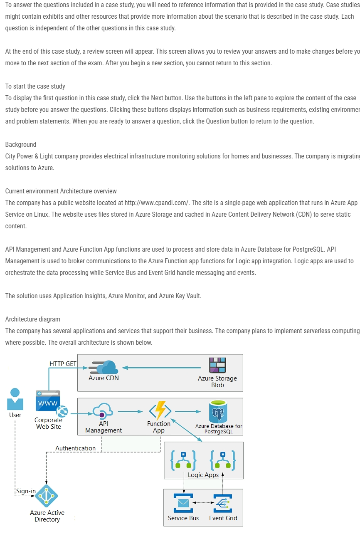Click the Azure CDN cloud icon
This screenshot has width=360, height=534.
tap(104, 367)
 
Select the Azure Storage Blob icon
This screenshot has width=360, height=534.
tap(217, 366)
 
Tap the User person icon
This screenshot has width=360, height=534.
tap(15, 399)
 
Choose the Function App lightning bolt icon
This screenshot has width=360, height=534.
tap(160, 411)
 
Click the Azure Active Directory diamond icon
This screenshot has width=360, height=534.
tap(47, 496)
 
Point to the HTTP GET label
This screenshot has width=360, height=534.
tap(63, 363)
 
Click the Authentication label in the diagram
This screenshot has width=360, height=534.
tap(76, 448)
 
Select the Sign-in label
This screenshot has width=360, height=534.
tap(26, 491)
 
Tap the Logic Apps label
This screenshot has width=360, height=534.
tap(203, 475)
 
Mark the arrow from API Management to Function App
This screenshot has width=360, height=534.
tap(130, 412)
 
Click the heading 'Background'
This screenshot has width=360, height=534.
tap(21, 144)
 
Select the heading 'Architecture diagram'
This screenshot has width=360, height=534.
tap(32, 319)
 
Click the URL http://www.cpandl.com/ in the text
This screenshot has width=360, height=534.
tap(157, 203)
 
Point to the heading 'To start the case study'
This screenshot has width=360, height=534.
tap(35, 86)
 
